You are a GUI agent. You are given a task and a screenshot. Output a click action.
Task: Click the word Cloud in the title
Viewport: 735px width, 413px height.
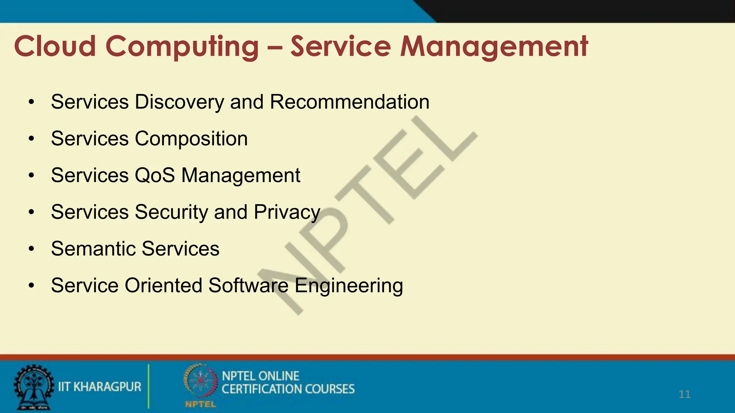coord(55,46)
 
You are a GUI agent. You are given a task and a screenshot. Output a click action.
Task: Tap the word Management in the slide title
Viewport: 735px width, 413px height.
coord(494,47)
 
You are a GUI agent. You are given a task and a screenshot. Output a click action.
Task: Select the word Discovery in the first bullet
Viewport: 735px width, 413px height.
coord(179,102)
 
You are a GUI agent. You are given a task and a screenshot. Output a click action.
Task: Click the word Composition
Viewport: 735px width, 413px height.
coord(191,139)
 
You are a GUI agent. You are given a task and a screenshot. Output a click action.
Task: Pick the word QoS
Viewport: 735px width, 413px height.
coord(155,175)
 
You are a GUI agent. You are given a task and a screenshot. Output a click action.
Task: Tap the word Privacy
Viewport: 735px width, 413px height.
coord(287,212)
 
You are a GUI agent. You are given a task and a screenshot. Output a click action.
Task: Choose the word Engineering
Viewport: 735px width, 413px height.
coord(348,286)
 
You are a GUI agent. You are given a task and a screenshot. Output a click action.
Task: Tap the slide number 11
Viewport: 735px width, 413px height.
coord(684,394)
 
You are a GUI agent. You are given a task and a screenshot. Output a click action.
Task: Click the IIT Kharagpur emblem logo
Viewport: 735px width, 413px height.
coord(33,387)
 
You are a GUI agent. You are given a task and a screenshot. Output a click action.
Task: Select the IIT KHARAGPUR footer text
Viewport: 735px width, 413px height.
coord(100,387)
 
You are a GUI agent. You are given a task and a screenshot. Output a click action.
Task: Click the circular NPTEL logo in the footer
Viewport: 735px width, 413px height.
coord(200,381)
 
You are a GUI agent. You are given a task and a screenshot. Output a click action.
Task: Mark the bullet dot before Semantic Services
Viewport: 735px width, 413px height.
coord(32,249)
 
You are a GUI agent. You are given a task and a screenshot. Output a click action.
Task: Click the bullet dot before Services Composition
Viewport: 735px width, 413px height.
coord(32,139)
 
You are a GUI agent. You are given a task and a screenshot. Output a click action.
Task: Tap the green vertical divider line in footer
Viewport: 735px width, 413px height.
coord(148,386)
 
